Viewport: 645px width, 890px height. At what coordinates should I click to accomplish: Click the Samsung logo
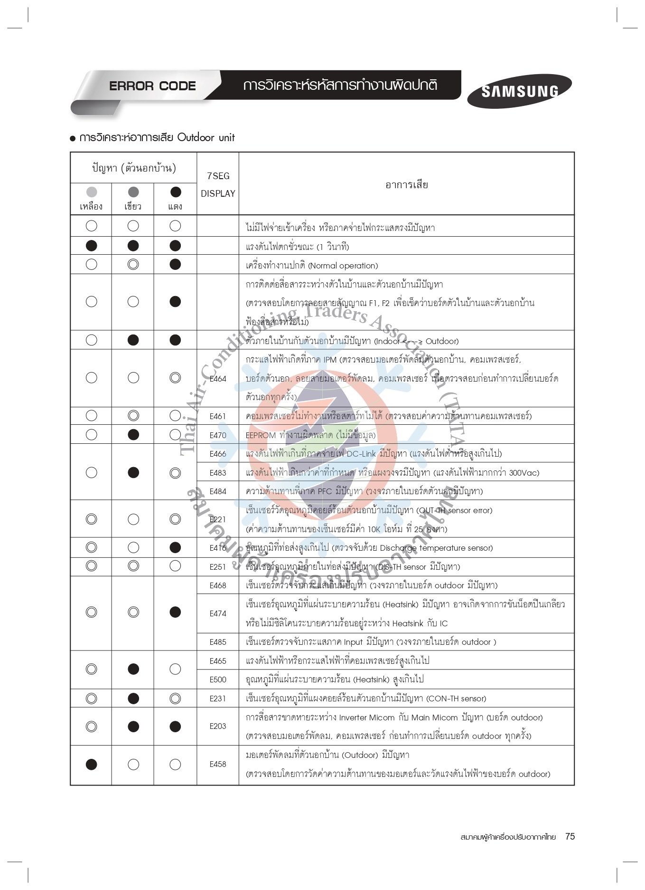tap(519, 91)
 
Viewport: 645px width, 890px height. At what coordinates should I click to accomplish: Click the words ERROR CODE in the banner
tap(152, 86)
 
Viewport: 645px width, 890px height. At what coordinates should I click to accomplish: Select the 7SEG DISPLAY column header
tap(218, 184)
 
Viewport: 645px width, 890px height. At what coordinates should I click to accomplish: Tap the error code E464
tap(218, 379)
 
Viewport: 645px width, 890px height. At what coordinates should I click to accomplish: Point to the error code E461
tap(218, 416)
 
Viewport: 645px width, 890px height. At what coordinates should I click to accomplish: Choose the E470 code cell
tap(218, 435)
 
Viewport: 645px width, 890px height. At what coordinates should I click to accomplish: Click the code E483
tap(218, 473)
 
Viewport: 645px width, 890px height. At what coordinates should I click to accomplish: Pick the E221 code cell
tap(218, 519)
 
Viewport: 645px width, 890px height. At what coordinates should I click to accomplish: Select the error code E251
tap(218, 567)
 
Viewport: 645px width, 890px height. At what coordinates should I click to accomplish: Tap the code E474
tap(218, 613)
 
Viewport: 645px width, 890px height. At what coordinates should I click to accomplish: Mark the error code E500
tap(218, 679)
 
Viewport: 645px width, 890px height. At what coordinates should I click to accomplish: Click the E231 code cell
tap(218, 699)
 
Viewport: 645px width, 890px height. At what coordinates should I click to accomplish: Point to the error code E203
tap(218, 726)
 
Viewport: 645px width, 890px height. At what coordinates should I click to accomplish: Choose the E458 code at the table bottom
tap(218, 764)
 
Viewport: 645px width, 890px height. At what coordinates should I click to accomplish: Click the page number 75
tap(570, 837)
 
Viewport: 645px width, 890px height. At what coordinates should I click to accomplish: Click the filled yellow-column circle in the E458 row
tap(92, 764)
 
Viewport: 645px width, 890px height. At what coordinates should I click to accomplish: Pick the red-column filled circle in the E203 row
tap(175, 727)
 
